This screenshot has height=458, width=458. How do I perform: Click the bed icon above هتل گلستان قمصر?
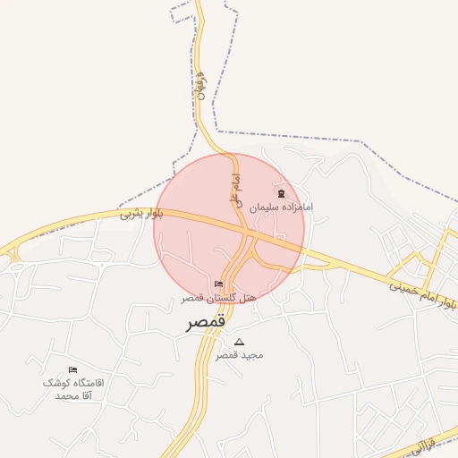pos(219,284)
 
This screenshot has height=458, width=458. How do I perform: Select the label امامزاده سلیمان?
pos(281,207)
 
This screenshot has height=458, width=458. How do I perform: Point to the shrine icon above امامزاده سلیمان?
pos(281,194)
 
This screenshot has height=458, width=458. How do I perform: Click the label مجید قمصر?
pos(239,354)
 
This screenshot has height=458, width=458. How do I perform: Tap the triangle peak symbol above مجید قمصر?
pos(239,342)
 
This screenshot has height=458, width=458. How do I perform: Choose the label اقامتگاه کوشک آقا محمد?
pos(73,388)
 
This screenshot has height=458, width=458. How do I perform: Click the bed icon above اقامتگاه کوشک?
pos(73,369)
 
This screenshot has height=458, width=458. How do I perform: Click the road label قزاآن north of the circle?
pos(199,84)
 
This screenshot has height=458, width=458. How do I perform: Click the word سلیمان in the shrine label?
pos(265,207)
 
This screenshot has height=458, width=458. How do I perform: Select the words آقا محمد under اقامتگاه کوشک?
pos(73,395)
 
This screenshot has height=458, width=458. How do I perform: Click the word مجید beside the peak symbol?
pos(252,354)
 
